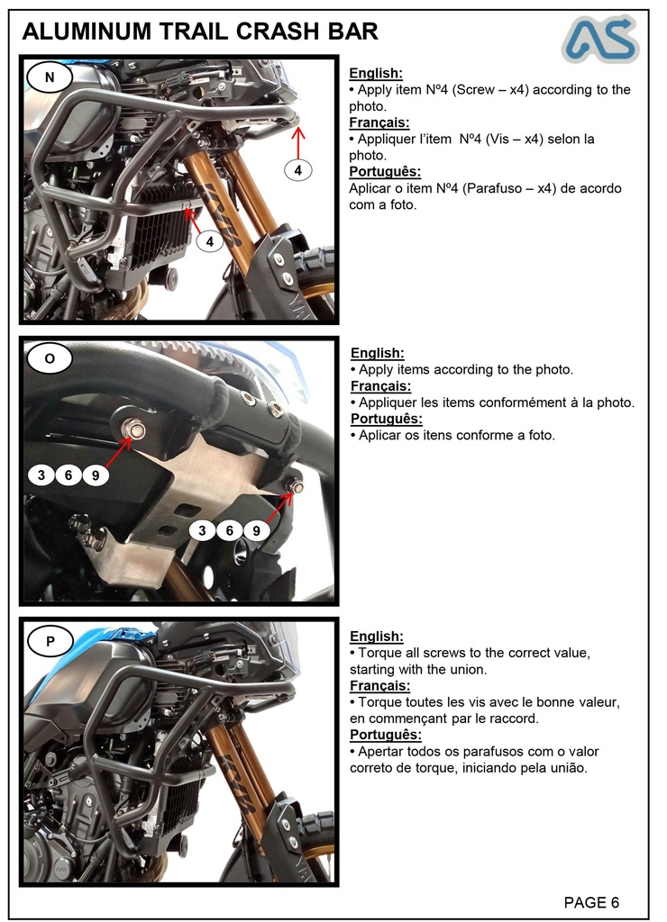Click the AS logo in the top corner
pyautogui.click(x=600, y=39)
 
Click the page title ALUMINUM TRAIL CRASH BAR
pyautogui.click(x=199, y=32)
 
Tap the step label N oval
pyautogui.click(x=50, y=77)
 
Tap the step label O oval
pyautogui.click(x=50, y=357)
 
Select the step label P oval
pyautogui.click(x=50, y=641)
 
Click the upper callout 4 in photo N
pyautogui.click(x=298, y=169)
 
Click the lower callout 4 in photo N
pyautogui.click(x=209, y=241)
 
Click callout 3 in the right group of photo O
pyautogui.click(x=202, y=530)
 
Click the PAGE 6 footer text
pyautogui.click(x=591, y=902)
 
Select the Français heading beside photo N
pyautogui.click(x=379, y=122)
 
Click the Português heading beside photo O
pyautogui.click(x=386, y=419)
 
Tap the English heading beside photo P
pyautogui.click(x=376, y=636)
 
